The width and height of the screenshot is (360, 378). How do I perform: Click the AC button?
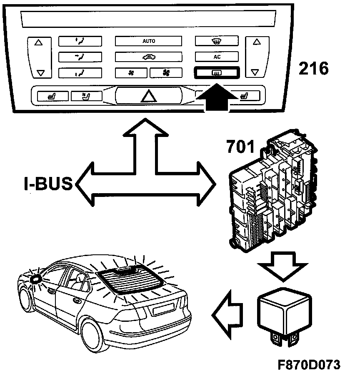pyautogui.click(x=217, y=57)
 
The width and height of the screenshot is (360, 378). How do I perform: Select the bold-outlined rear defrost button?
pyautogui.click(x=216, y=73)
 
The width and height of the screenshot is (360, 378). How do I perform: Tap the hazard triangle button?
pyautogui.click(x=148, y=95)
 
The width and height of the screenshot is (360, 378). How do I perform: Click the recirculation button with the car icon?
pyautogui.click(x=148, y=57)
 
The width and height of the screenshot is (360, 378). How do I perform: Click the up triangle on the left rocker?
pyautogui.click(x=39, y=42)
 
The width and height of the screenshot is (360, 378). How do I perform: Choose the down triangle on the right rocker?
pyautogui.click(x=256, y=72)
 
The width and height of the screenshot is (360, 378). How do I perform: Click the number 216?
pyautogui.click(x=313, y=68)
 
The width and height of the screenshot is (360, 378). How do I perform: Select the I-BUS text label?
pyautogui.click(x=48, y=184)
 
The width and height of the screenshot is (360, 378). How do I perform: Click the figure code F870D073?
pyautogui.click(x=309, y=365)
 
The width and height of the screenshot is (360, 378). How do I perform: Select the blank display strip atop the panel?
pyautogui.click(x=148, y=18)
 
